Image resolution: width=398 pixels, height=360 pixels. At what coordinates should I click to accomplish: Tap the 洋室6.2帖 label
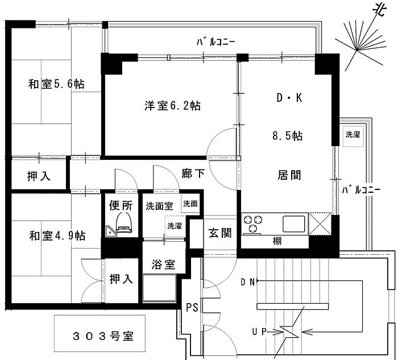[171, 105]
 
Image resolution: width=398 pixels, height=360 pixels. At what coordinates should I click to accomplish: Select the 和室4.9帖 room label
[57, 235]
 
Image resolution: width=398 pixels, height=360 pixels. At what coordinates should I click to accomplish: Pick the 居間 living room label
[289, 173]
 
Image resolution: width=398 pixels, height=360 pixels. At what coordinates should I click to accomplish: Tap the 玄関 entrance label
[219, 234]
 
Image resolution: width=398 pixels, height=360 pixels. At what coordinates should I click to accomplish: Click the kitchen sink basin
[295, 222]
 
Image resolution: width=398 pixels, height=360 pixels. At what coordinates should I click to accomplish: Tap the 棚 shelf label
[277, 241]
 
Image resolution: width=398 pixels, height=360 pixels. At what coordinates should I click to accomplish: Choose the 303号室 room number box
[97, 334]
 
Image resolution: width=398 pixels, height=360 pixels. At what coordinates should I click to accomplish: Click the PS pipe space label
[192, 308]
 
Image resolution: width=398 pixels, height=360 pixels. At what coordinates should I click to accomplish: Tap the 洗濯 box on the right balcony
[353, 135]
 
